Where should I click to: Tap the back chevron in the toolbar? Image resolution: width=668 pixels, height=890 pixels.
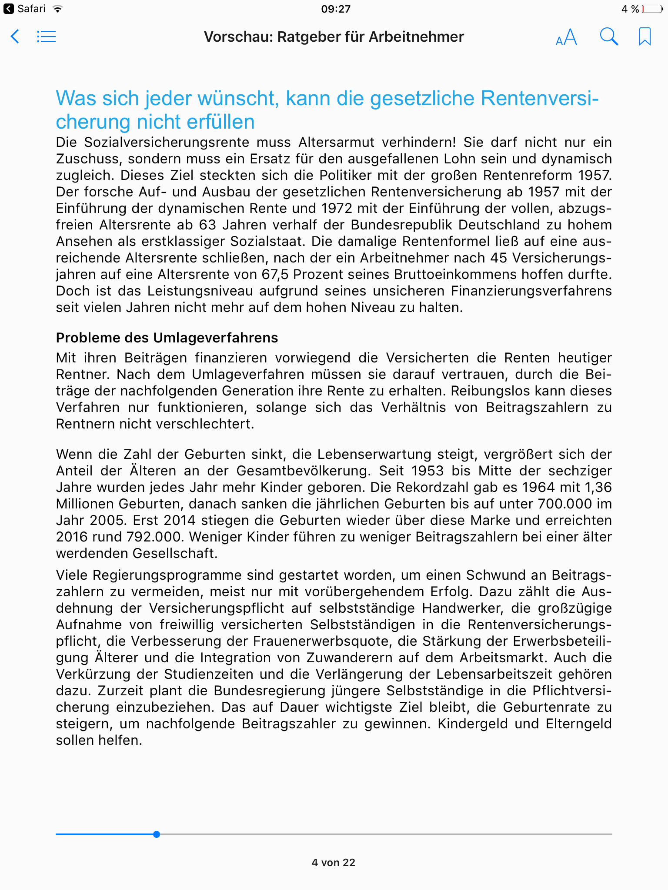point(15,37)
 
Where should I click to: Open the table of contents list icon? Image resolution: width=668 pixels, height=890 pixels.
point(47,37)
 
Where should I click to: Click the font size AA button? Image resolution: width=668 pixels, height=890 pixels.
point(566,37)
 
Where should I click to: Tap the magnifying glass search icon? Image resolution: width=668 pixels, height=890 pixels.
point(609,37)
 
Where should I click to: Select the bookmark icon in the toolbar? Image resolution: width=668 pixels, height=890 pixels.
point(645,37)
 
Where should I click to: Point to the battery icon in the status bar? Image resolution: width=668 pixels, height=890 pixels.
point(652,9)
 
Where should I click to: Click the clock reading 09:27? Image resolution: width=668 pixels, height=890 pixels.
point(336,9)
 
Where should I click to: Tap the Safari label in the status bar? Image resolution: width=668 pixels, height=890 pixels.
point(31,9)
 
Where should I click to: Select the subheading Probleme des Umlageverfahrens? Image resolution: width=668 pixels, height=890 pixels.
point(167,338)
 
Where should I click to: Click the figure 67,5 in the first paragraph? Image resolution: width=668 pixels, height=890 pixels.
point(275,275)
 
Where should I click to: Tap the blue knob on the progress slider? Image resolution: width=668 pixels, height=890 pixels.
point(157,834)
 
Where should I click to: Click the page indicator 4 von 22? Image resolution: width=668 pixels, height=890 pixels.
point(334,863)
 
